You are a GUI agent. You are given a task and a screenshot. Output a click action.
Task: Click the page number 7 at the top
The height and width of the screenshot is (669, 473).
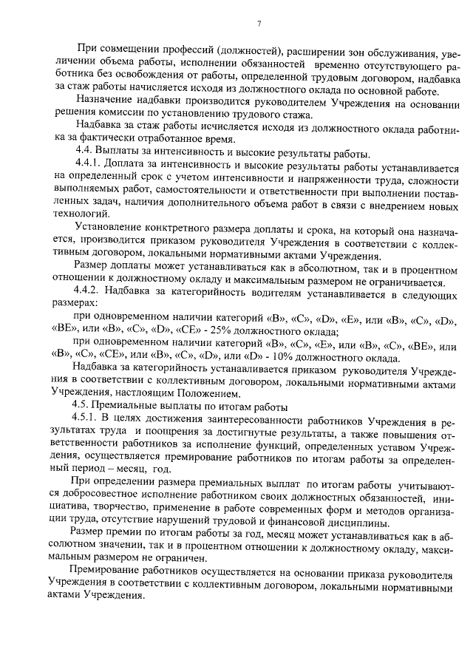[x=259, y=24]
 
